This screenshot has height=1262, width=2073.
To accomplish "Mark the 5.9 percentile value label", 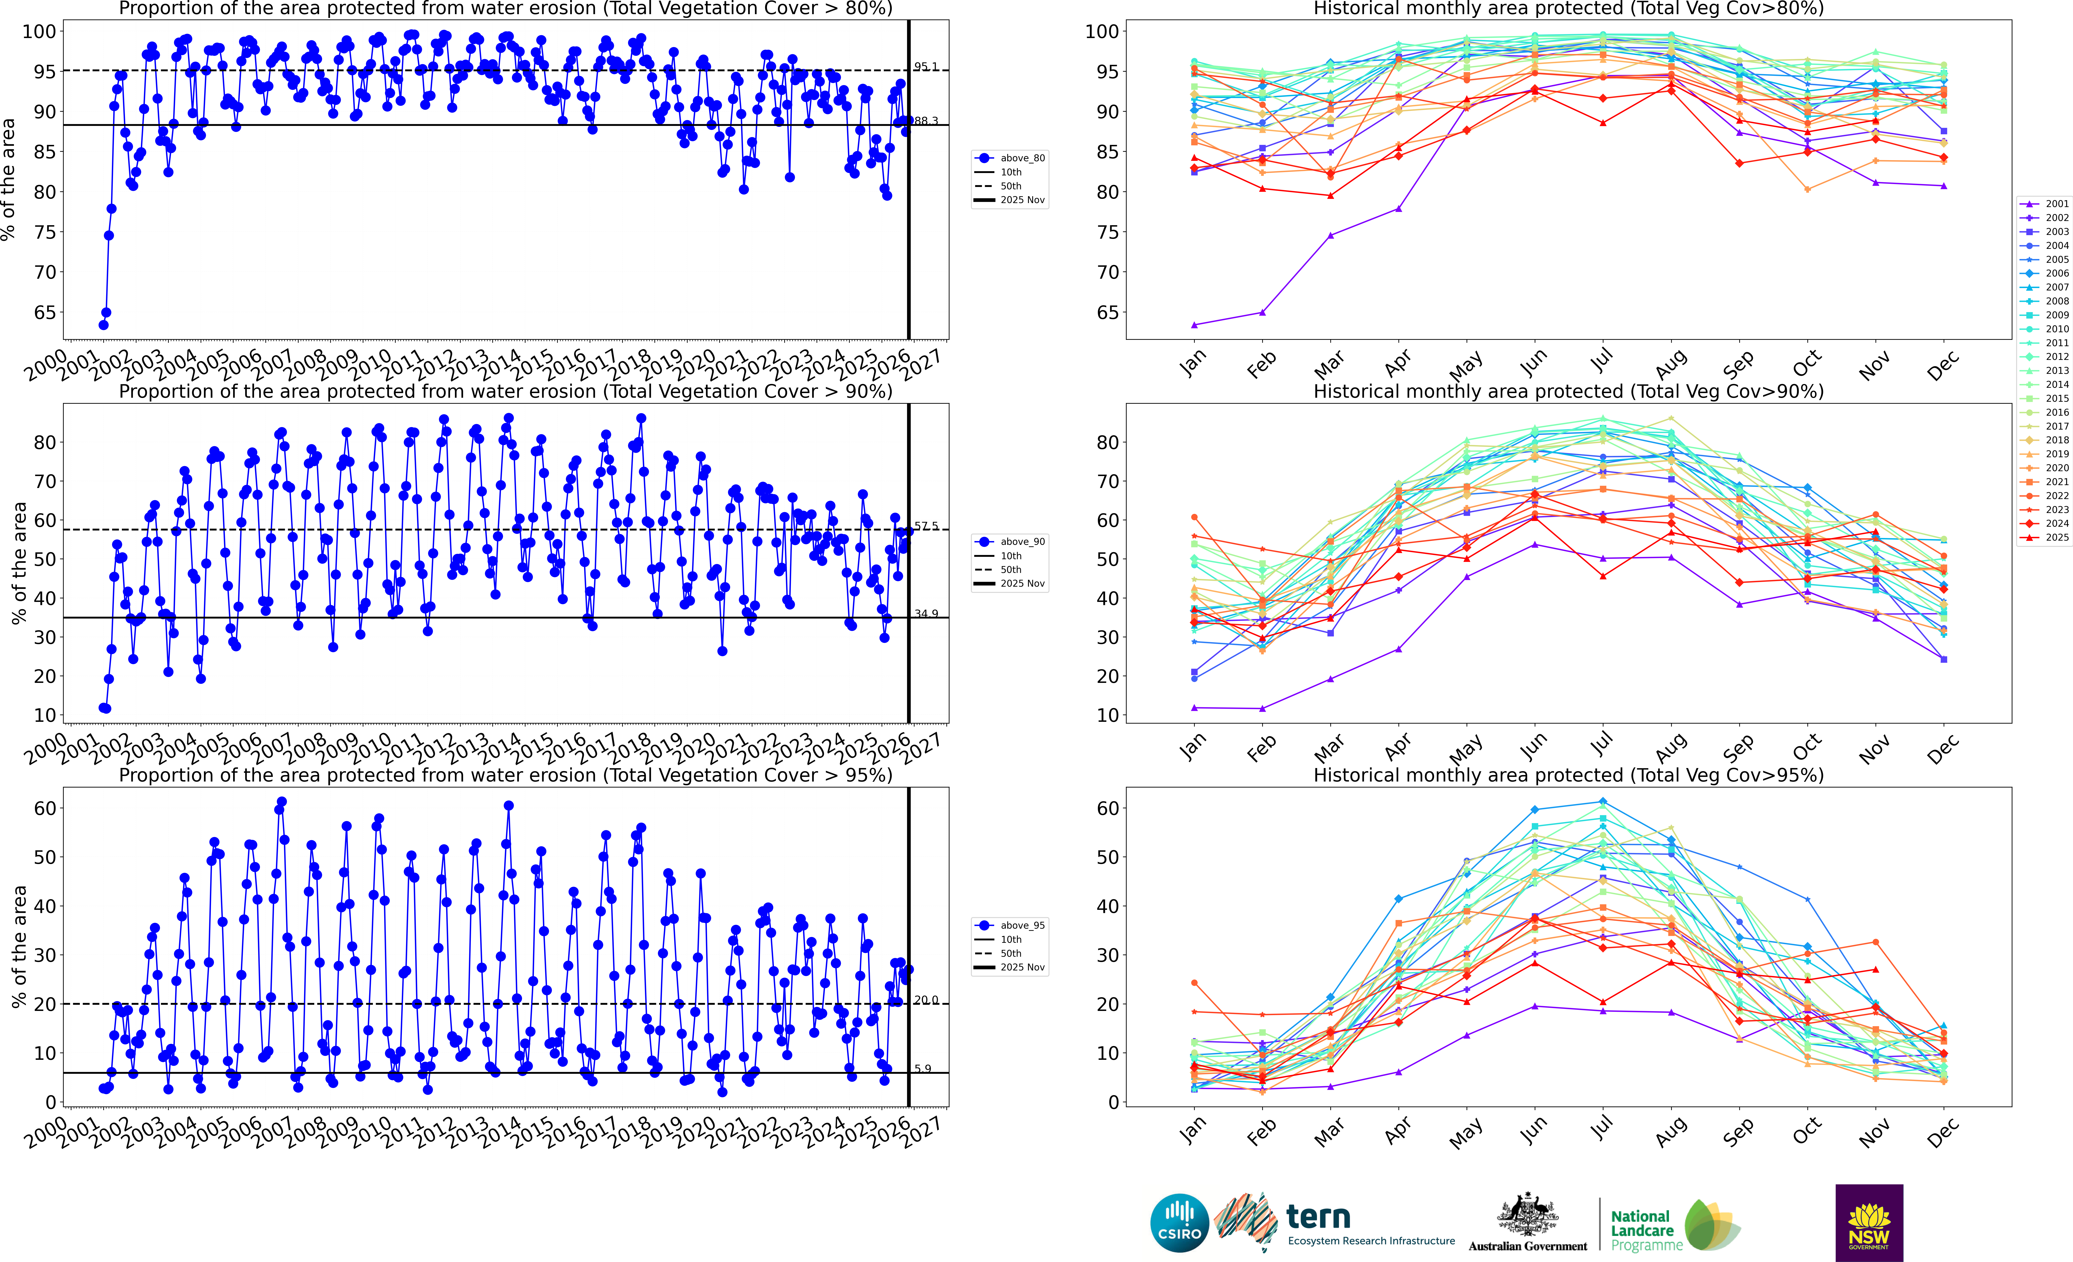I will [923, 1068].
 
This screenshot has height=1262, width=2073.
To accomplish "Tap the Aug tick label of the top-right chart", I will [1671, 363].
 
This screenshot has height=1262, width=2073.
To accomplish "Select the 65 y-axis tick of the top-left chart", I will [44, 312].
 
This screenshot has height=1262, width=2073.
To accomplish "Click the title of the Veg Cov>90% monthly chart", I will [1568, 391].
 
